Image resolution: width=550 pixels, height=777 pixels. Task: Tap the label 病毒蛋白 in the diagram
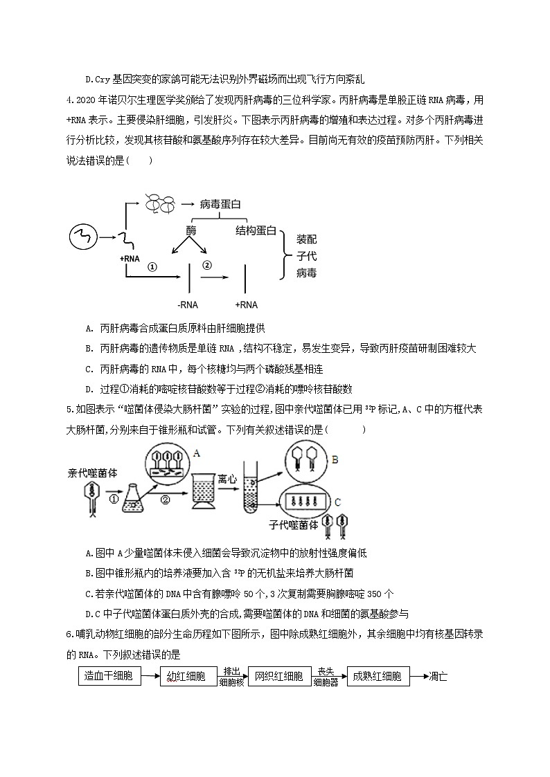[x=220, y=204]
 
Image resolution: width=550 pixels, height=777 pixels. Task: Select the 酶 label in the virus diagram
[x=192, y=230]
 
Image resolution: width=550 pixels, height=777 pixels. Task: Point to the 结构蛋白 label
[x=256, y=230]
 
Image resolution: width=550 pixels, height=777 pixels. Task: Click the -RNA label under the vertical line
[x=189, y=304]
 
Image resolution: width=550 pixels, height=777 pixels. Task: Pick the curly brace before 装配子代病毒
[x=285, y=255]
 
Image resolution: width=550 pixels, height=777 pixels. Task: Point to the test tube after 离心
[x=251, y=502]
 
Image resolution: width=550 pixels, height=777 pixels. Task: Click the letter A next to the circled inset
[x=197, y=453]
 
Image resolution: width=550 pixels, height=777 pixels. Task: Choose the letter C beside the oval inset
[x=337, y=502]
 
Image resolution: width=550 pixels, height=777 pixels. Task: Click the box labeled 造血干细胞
[x=109, y=676]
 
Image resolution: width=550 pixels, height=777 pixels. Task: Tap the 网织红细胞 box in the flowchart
[x=278, y=676]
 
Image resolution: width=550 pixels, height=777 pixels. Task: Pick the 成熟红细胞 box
[x=378, y=676]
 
